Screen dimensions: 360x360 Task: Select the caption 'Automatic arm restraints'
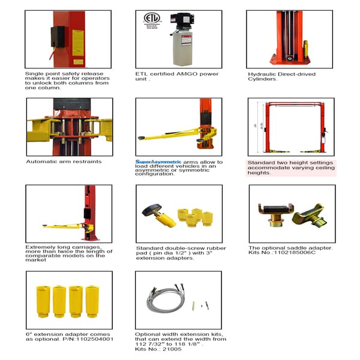[x=64, y=161]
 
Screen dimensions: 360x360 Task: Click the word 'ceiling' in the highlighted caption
[x=319, y=167]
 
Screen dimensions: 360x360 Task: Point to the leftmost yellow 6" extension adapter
[x=43, y=301]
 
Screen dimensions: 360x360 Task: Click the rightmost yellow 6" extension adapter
[x=92, y=301]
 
